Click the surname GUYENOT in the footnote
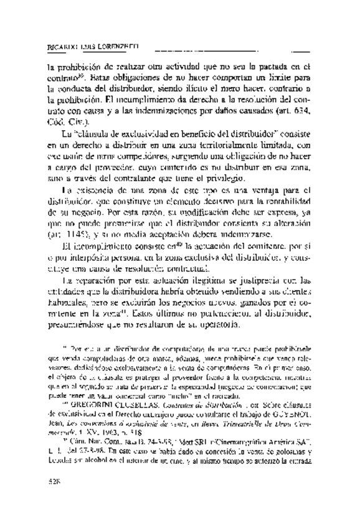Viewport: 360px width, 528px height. pyautogui.click(x=291, y=435)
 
